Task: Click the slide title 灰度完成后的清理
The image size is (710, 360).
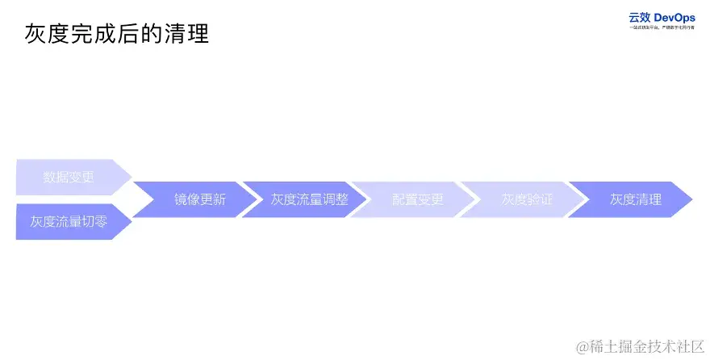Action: pos(117,34)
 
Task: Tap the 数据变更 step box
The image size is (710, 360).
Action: pos(69,178)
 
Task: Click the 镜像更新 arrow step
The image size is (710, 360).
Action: pos(199,199)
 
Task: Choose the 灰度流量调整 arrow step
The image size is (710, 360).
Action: pos(309,199)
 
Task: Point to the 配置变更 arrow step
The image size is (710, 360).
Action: pos(417,199)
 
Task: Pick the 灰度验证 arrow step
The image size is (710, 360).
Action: pos(527,199)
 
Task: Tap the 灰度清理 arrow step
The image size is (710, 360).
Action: pos(636,199)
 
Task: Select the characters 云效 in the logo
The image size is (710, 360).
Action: pos(640,17)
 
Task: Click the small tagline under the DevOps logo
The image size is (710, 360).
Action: pos(662,27)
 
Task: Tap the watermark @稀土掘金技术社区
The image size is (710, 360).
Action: pos(640,346)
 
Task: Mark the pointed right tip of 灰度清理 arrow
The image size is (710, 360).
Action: pos(691,199)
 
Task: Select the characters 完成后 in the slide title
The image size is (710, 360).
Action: pos(117,34)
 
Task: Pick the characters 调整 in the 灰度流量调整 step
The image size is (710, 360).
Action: pos(335,199)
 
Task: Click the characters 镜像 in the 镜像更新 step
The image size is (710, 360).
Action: pos(186,199)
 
